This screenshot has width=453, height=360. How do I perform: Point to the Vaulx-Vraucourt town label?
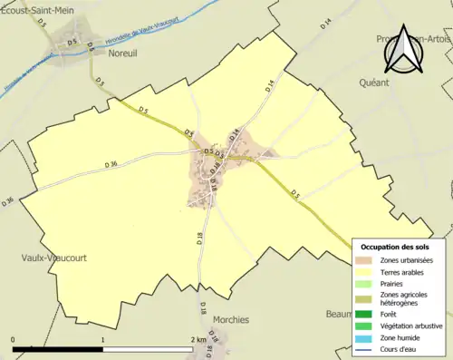click(53, 257)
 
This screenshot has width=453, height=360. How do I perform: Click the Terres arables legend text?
click(405, 272)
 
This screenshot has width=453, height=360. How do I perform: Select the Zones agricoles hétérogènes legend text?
click(405, 298)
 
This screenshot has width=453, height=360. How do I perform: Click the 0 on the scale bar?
click(14, 340)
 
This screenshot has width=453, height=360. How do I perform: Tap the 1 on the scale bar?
click(103, 340)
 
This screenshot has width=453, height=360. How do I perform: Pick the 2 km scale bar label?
click(198, 340)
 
